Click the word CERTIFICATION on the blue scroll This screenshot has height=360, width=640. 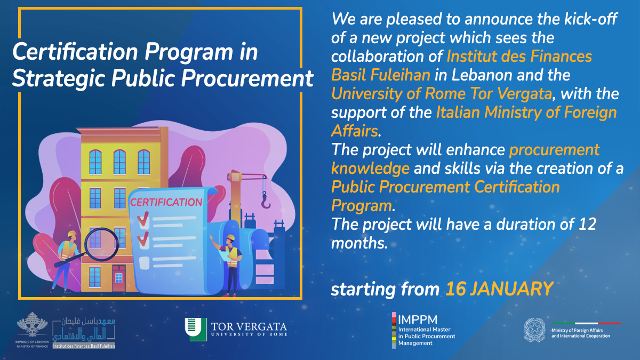tap(166, 202)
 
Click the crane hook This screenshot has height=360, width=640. tap(266, 201)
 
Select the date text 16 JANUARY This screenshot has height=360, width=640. tap(499, 289)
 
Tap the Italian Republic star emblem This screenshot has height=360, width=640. tap(534, 330)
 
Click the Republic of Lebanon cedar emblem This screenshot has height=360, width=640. tap(32, 326)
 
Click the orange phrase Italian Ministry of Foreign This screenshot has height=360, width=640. tap(526, 112)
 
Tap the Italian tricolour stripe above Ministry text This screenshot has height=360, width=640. tap(586, 323)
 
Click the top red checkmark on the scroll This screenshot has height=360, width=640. tap(143, 218)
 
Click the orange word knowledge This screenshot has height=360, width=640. tap(370, 169)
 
